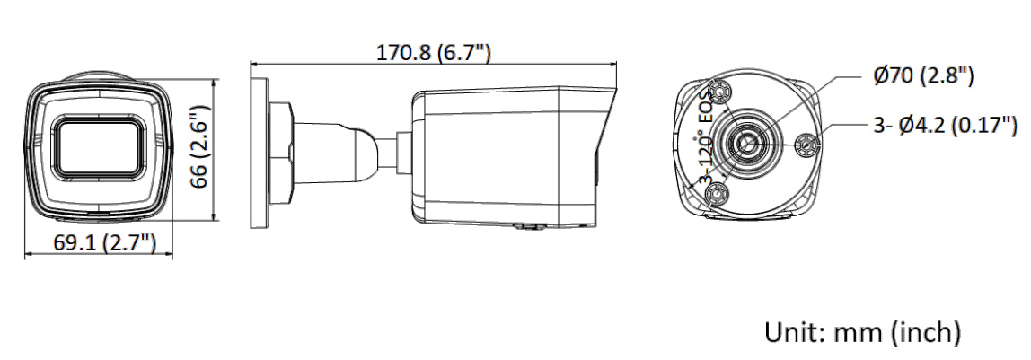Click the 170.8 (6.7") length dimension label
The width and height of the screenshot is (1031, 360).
[433, 53]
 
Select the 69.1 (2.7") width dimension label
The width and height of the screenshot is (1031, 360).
[105, 242]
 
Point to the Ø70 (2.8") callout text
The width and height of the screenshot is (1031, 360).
[922, 75]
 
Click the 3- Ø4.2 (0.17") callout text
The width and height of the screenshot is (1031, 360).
[945, 124]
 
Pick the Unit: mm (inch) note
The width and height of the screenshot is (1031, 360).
[862, 332]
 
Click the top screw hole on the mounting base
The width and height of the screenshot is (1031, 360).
[720, 92]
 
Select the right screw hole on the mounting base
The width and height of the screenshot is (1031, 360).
[806, 145]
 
